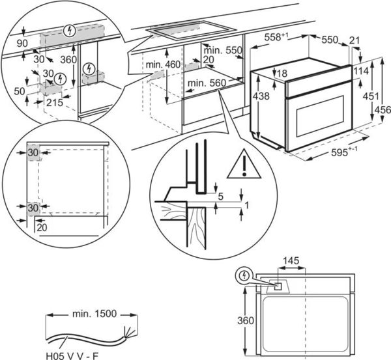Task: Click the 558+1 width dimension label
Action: coord(276,37)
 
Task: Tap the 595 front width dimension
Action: coord(344,152)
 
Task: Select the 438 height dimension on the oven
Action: coord(261,96)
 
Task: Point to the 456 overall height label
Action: coord(383,109)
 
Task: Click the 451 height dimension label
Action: coord(371,96)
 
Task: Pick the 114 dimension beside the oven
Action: coord(361,71)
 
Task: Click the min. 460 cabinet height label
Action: coord(163,64)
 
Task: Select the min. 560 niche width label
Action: coord(207,83)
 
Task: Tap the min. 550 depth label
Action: coord(223,50)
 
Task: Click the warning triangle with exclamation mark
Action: coord(244,165)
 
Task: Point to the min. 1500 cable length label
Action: coord(94,314)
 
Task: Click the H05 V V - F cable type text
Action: coord(72,355)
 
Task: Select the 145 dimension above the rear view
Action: coord(291,261)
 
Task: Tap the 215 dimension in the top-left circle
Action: coord(55,102)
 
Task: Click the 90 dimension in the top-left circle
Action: coord(22,44)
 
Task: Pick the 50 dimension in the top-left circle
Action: coord(20,91)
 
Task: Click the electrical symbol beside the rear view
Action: coord(244,275)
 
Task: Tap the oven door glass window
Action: coord(321,116)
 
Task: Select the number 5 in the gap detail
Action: coord(221,197)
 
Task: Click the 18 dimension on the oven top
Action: coord(282,74)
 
